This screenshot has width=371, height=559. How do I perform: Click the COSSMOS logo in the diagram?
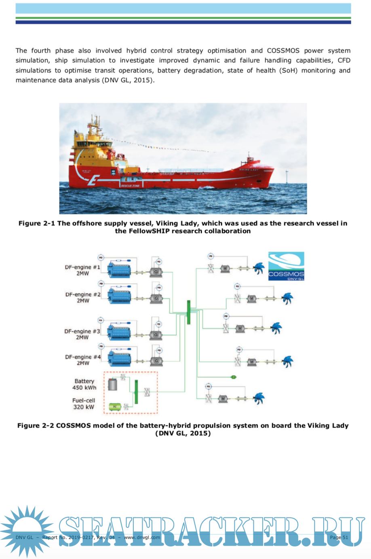286,266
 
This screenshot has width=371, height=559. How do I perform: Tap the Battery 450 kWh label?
84,384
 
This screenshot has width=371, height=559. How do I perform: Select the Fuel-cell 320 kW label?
84,404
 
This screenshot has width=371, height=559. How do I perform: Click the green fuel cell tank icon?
115,407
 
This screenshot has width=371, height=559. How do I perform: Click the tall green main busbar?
188,312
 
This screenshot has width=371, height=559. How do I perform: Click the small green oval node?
234,377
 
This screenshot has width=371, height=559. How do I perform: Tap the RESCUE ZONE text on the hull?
130,186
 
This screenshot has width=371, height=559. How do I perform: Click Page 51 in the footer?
339,537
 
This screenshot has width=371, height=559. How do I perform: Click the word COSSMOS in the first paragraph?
283,51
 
